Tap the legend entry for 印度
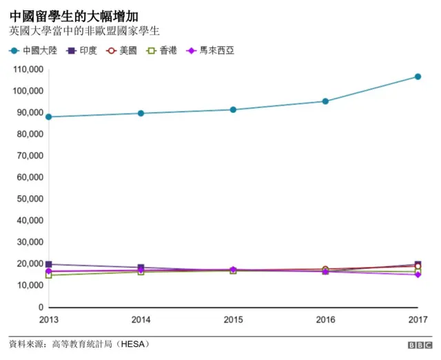coord(82,51)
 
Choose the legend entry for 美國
coord(122,51)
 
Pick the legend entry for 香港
coord(162,51)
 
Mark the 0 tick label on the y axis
coord(41,307)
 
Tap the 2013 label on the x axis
coord(48,320)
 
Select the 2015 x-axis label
coord(233,320)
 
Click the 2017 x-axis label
coord(418,320)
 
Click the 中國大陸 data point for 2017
coord(418,76)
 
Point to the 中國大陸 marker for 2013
coord(48,117)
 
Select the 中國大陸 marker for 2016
coord(325,101)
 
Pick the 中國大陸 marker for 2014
coord(141,114)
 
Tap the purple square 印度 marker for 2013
coord(48,264)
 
